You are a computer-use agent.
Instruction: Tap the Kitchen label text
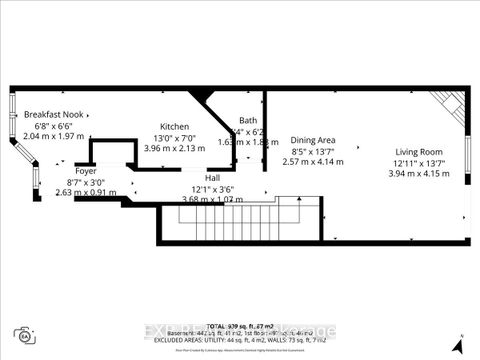(x=175, y=126)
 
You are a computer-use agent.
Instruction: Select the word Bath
(x=248, y=120)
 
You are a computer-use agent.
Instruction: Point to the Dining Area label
(x=310, y=140)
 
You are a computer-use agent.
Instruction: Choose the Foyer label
(x=58, y=171)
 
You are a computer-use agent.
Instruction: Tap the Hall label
(x=214, y=177)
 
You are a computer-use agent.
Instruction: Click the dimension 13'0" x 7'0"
(x=175, y=137)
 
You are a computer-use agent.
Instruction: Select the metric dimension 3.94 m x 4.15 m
(x=418, y=173)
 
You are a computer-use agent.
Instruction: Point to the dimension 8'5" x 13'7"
(x=310, y=151)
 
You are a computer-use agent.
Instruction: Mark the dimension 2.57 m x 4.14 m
(x=310, y=162)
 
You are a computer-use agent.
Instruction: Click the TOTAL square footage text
(x=240, y=327)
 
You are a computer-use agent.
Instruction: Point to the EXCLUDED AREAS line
(x=240, y=341)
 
